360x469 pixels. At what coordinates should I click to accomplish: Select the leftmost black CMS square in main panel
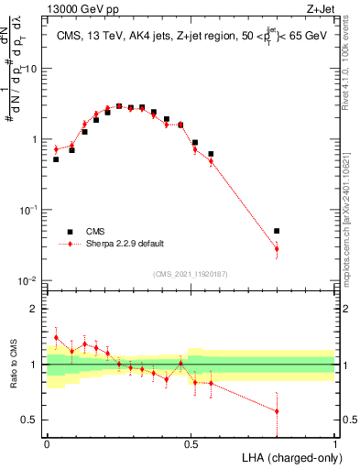point(56,159)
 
